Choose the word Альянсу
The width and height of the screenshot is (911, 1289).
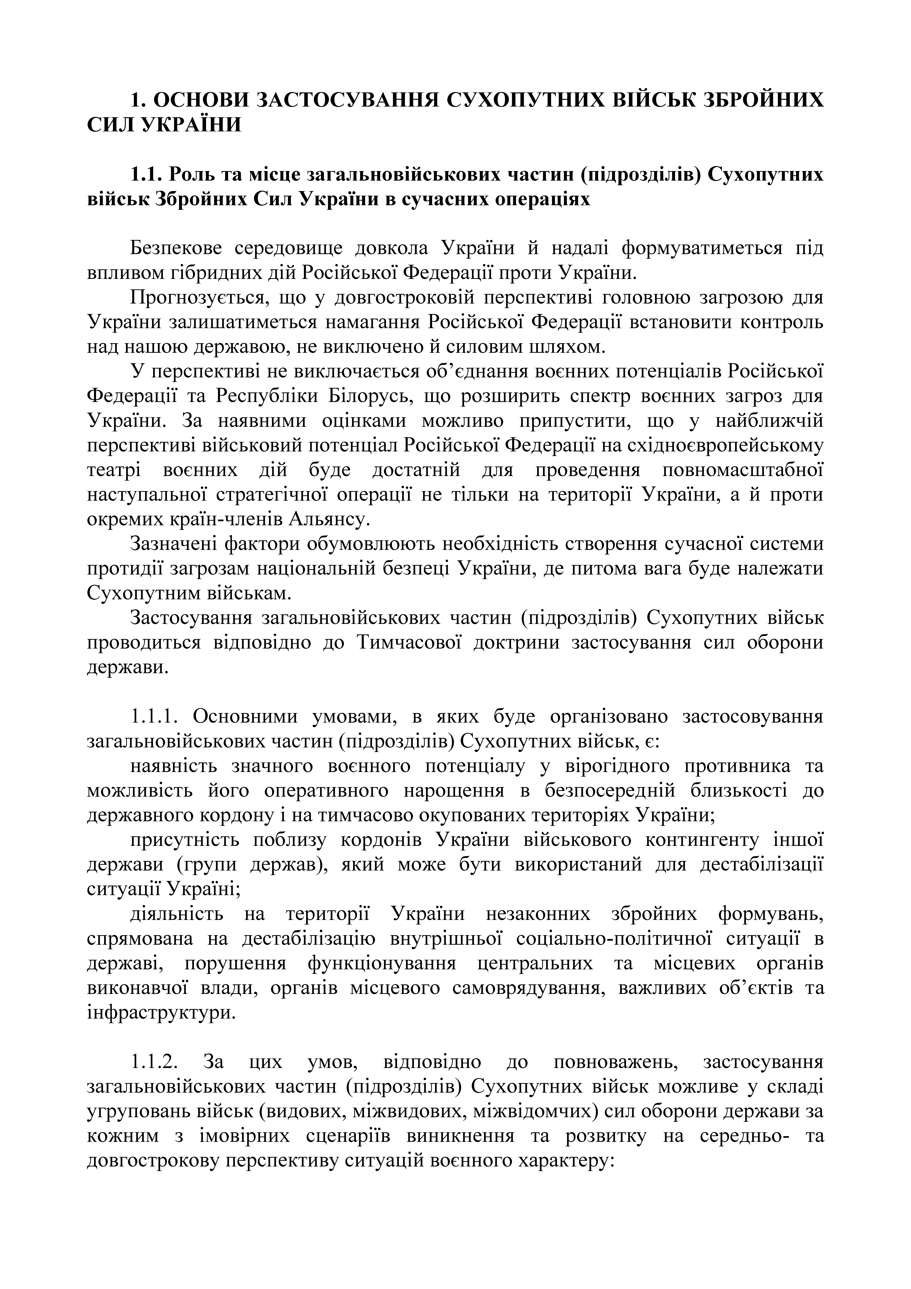[x=329, y=519]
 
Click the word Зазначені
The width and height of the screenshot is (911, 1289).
[x=172, y=544]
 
